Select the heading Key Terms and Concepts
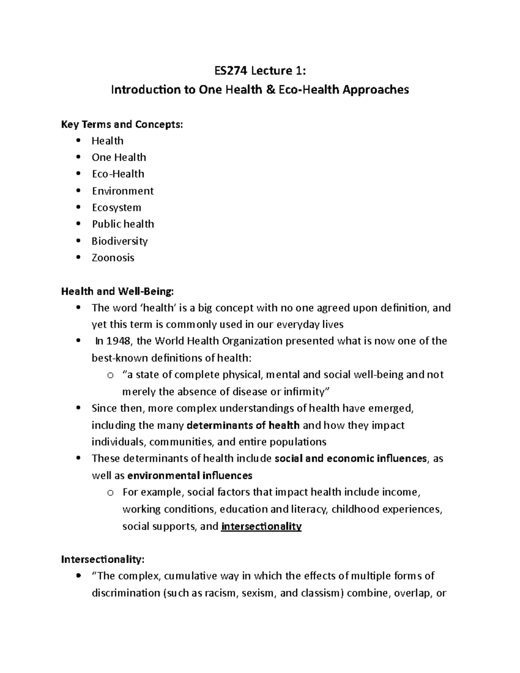pyautogui.click(x=122, y=124)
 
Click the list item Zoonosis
pyautogui.click(x=113, y=257)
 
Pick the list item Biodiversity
pyautogui.click(x=120, y=241)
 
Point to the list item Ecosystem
pyautogui.click(x=117, y=208)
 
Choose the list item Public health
pyautogui.click(x=123, y=224)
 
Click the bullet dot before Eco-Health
pyautogui.click(x=78, y=174)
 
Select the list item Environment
pyautogui.click(x=123, y=191)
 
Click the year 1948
pyautogui.click(x=118, y=341)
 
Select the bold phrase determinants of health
pyautogui.click(x=243, y=425)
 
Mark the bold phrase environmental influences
pyautogui.click(x=190, y=475)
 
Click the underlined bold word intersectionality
pyautogui.click(x=261, y=527)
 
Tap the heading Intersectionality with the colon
pyautogui.click(x=102, y=559)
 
